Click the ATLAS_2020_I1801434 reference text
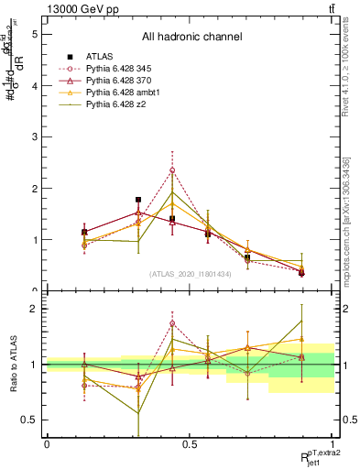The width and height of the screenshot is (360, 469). (191, 274)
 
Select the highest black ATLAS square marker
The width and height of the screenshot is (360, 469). (138, 200)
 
